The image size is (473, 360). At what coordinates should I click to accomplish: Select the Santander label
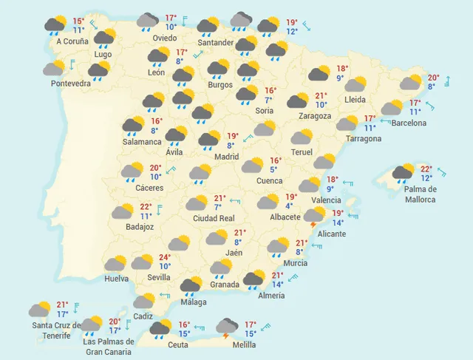point(216,43)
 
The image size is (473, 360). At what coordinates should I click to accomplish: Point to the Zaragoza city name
point(313,116)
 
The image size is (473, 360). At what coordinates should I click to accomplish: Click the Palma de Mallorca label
point(420,194)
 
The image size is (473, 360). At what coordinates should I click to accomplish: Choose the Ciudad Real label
point(214,218)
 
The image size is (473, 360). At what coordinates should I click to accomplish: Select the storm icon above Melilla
point(225,326)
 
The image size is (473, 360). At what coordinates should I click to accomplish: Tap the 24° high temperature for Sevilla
point(165,258)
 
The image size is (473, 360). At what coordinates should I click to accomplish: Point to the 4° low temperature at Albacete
point(289,206)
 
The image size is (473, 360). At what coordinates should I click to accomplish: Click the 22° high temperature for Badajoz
point(146,207)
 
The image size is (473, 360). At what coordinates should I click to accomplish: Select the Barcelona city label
point(409,122)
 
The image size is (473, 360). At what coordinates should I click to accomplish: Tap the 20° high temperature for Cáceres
point(155,168)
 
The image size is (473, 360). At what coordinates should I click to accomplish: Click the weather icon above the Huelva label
point(116,264)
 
